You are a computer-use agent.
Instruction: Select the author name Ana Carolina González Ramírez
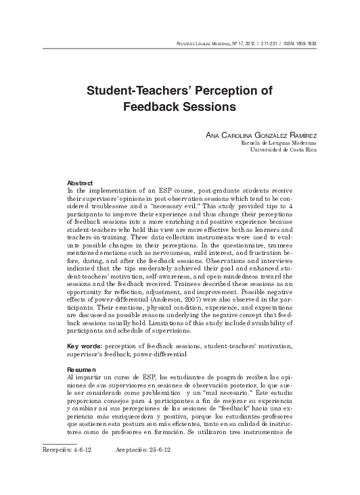[x=271, y=135]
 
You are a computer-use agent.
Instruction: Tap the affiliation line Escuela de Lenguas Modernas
[x=288, y=143]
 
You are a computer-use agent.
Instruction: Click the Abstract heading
[x=80, y=183]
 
